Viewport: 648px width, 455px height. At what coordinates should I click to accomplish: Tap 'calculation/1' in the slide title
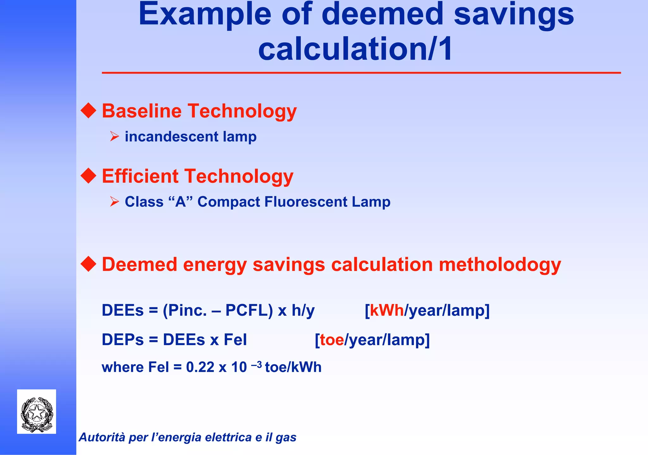tap(355, 49)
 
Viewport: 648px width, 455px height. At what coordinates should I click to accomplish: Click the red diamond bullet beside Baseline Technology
tap(88, 111)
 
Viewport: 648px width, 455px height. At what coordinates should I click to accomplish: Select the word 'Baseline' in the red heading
tap(141, 111)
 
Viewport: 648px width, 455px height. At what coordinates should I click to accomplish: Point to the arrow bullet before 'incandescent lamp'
tap(114, 136)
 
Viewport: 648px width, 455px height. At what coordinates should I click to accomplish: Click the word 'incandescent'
tap(171, 136)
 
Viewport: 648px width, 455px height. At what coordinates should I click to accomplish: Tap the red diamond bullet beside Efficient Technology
tap(88, 176)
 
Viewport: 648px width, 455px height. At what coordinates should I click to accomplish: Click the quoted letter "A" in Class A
tap(181, 202)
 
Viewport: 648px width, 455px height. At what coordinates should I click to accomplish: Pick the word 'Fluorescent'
tap(306, 202)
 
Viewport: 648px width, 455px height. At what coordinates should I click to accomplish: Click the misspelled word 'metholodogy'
tap(500, 264)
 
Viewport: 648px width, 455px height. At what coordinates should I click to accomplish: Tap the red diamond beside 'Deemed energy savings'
tap(88, 264)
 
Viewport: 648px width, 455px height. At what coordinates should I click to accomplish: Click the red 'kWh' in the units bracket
tap(387, 310)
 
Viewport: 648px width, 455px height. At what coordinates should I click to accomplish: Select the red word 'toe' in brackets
tap(332, 340)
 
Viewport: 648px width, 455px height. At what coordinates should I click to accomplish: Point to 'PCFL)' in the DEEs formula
tap(249, 310)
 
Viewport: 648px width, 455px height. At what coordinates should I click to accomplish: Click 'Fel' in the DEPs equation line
tap(235, 340)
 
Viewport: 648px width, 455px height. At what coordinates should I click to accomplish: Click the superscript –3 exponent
tap(256, 365)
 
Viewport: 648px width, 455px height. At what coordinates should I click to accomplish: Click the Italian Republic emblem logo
tap(37, 412)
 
